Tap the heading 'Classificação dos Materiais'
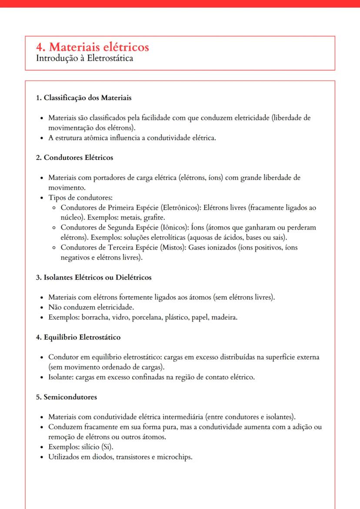(x=87, y=98)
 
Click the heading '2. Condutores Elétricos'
(x=74, y=157)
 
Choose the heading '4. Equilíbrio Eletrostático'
(x=78, y=337)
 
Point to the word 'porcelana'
(x=147, y=317)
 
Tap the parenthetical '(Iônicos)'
(x=173, y=228)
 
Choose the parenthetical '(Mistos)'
(x=169, y=248)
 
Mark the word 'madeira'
(x=224, y=317)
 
